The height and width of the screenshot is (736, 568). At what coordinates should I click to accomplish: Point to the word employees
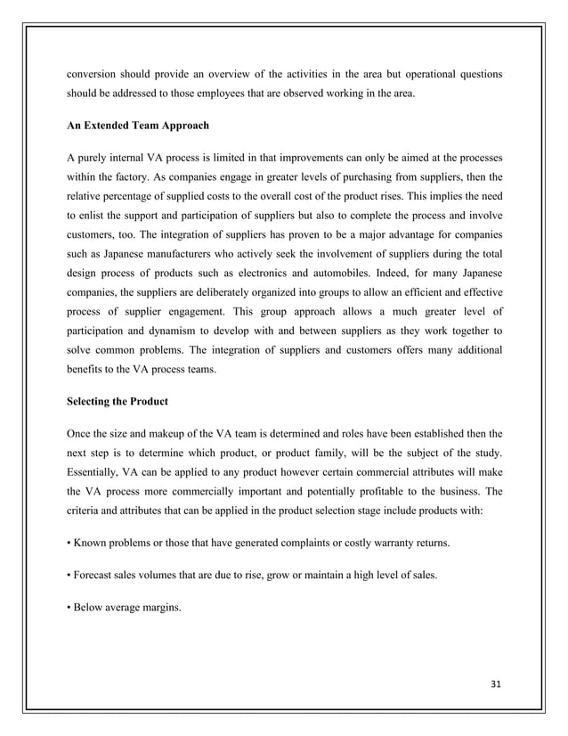[x=248, y=93]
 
